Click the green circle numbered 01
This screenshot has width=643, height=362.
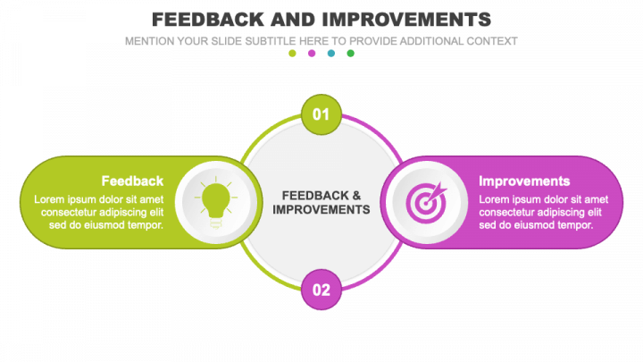(321, 114)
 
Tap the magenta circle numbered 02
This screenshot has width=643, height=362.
(321, 289)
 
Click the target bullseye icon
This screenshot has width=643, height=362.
(425, 203)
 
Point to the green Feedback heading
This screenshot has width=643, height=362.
(132, 181)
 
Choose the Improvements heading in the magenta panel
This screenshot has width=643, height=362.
(524, 181)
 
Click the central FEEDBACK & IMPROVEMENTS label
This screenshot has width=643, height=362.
(321, 202)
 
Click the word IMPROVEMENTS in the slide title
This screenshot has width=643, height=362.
(403, 19)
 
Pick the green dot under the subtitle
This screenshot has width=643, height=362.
(292, 54)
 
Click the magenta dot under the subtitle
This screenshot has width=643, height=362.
(312, 54)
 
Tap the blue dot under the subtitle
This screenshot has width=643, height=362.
(331, 54)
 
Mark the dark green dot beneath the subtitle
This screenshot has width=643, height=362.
(351, 54)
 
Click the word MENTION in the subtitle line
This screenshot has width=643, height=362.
(151, 41)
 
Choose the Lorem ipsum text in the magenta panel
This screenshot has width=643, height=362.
(544, 212)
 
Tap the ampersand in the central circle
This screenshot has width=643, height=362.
(356, 195)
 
